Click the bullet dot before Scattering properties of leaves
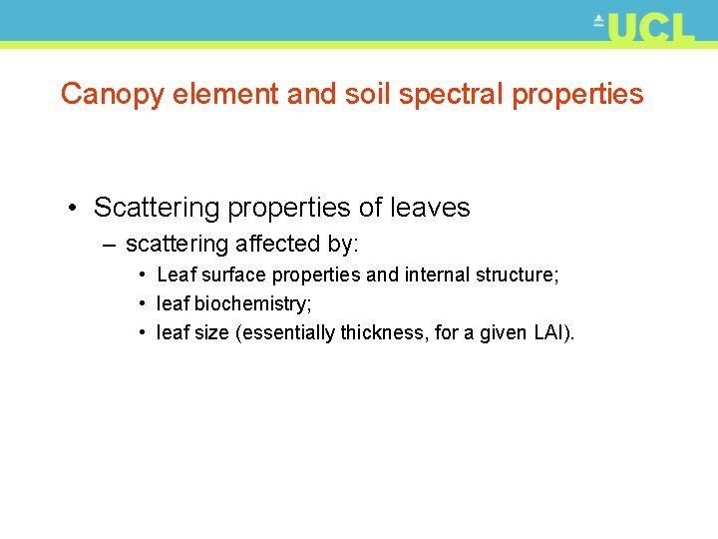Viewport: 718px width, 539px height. pyautogui.click(x=75, y=208)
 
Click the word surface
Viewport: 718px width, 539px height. pyautogui.click(x=234, y=274)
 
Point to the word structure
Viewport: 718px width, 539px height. pyautogui.click(x=522, y=274)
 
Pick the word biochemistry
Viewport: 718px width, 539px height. pyautogui.click(x=253, y=303)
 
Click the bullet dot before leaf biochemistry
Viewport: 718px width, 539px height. pyautogui.click(x=145, y=303)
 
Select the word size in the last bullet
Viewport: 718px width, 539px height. pyautogui.click(x=211, y=332)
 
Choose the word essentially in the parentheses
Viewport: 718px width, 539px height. pyautogui.click(x=286, y=332)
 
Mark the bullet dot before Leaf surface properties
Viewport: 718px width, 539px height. pyautogui.click(x=145, y=274)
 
